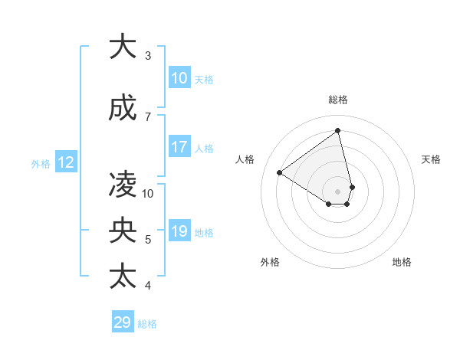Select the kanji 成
(123, 109)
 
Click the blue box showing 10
(179, 78)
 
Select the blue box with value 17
(179, 147)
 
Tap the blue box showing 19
(179, 232)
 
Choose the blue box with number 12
(66, 162)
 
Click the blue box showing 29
(123, 322)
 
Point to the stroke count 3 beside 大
(148, 56)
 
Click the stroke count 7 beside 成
(148, 116)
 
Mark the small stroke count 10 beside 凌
(148, 193)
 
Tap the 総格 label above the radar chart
(338, 100)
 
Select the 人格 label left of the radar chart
(245, 159)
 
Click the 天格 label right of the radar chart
(431, 159)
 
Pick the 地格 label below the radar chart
(402, 262)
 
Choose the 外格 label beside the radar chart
(270, 262)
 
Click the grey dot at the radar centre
(338, 191)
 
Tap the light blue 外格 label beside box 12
(41, 163)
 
